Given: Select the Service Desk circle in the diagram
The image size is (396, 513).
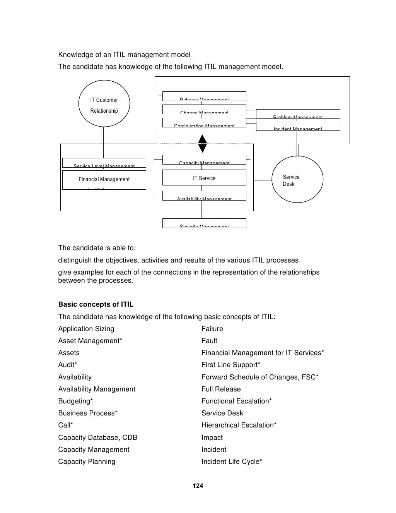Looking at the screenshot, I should [297, 179].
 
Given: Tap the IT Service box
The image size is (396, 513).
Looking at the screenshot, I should [204, 178].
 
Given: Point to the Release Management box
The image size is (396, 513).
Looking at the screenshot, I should [204, 96].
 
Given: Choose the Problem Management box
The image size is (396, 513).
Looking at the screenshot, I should [298, 114].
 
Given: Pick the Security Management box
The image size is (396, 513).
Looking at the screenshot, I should [204, 223].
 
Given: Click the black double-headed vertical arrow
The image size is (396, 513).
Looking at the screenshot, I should [202, 144].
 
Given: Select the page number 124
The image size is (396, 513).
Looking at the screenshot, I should [198, 486].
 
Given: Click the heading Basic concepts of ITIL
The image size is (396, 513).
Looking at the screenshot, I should [96, 304].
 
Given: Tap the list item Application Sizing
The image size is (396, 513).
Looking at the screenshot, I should [86, 329].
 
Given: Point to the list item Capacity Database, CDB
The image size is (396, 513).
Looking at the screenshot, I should [97, 438].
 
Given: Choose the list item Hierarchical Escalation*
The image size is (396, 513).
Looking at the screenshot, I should [239, 425].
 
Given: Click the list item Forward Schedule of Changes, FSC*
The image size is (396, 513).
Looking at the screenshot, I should [259, 377].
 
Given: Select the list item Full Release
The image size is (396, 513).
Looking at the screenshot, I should [221, 389].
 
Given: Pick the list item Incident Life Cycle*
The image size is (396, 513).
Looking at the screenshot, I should [232, 462].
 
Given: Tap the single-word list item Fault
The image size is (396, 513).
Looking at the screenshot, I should [209, 341].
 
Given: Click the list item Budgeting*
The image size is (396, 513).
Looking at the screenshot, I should [75, 401].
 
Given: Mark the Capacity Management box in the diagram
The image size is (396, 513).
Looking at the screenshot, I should [204, 160].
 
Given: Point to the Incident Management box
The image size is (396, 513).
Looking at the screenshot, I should [298, 126].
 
